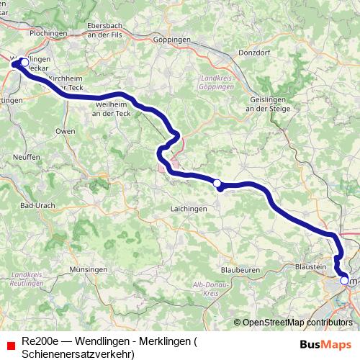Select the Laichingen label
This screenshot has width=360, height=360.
(x=189, y=209)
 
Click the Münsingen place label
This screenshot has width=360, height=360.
(x=89, y=269)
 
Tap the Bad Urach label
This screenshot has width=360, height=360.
(x=37, y=206)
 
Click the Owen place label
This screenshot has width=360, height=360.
(x=65, y=132)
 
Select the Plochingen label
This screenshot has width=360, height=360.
(x=29, y=34)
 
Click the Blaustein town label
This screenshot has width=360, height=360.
(x=311, y=266)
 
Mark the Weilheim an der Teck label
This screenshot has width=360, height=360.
(x=109, y=109)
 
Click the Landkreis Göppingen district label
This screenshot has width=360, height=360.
(x=216, y=82)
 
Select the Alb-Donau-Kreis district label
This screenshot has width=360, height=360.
(x=204, y=290)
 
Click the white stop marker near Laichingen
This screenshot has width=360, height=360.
(x=217, y=184)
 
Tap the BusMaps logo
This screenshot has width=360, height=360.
(x=325, y=344)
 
